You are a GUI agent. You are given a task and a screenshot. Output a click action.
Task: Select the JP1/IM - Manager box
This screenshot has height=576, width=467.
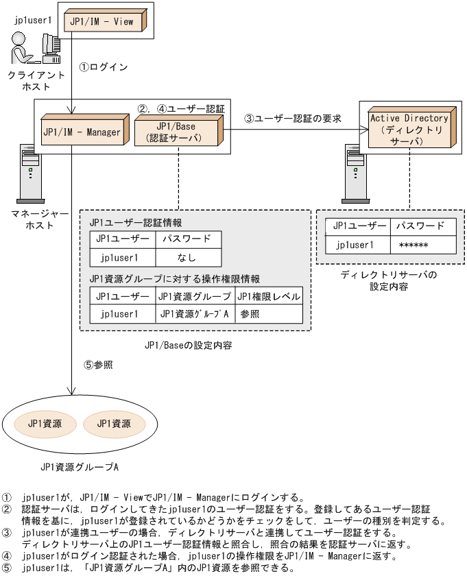82,132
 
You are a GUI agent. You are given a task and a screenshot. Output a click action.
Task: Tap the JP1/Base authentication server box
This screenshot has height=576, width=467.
177,131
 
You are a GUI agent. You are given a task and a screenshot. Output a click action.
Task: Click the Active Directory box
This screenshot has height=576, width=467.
410,129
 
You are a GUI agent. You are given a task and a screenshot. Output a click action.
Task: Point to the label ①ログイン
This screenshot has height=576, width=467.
104,67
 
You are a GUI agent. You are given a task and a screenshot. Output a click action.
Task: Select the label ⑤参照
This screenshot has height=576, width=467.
98,365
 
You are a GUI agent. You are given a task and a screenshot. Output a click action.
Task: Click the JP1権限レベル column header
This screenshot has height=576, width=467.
269,296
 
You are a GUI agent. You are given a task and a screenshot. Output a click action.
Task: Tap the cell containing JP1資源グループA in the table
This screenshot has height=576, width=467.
194,314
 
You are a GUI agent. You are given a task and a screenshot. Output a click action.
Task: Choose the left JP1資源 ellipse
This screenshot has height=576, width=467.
45,423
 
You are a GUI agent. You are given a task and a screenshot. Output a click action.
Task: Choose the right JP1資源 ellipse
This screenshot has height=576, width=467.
114,423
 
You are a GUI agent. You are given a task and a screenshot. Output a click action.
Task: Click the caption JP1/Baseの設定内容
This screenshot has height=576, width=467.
188,346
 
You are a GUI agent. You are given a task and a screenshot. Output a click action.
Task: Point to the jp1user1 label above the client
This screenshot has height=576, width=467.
32,20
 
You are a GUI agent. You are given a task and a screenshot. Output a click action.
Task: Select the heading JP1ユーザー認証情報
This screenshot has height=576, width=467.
135,223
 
